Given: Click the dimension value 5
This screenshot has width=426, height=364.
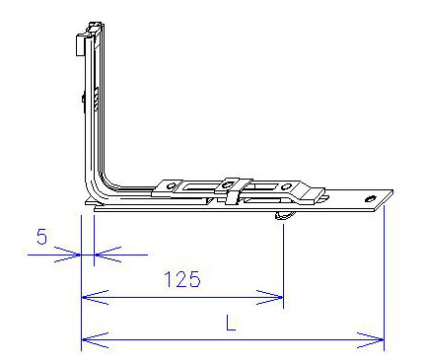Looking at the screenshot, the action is tap(41, 237).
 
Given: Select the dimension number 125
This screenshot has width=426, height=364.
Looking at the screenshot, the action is tap(182, 279).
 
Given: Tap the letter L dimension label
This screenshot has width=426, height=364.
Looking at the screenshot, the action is tap(231, 323).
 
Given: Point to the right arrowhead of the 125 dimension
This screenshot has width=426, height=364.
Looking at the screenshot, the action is tap(269, 297).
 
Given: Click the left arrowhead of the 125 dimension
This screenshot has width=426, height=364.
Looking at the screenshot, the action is tap(95, 297).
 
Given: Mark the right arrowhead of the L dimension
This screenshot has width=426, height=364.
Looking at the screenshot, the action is tap(371, 340).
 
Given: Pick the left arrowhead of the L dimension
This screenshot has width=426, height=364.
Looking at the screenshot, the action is tap(95, 340).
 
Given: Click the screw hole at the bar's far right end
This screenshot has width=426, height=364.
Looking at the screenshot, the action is tap(371, 199).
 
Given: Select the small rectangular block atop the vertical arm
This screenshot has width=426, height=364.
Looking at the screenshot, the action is tap(80, 44).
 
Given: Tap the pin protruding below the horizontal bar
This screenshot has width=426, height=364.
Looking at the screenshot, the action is tap(285, 215).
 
